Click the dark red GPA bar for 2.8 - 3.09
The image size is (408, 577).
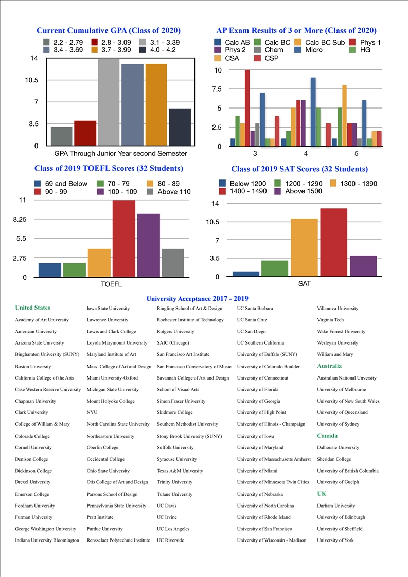[x=85, y=133]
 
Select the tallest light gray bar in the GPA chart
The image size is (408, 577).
[x=109, y=102]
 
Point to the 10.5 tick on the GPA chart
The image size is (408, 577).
[x=31, y=80]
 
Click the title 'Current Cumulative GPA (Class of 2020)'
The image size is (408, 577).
[x=108, y=30]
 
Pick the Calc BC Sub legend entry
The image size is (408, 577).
[x=320, y=42]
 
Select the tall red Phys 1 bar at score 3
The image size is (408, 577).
[x=247, y=108]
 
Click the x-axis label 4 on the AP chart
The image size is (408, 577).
[x=306, y=153]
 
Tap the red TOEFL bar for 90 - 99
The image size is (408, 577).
[x=123, y=239]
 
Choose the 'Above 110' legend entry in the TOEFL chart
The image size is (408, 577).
[x=169, y=192]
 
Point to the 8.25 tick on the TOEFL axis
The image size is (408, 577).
[x=20, y=219]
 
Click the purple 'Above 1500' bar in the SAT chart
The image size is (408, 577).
[x=363, y=266]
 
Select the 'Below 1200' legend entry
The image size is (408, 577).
[x=242, y=183]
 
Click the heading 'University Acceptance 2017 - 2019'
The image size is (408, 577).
[x=198, y=299]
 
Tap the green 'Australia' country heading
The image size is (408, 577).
[x=329, y=366]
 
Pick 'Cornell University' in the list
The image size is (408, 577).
[x=33, y=447]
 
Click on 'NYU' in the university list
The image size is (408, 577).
[x=92, y=412]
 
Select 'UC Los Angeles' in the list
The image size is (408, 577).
[x=173, y=529]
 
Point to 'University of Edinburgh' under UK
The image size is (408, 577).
[x=341, y=517]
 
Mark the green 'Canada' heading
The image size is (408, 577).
[x=327, y=436]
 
